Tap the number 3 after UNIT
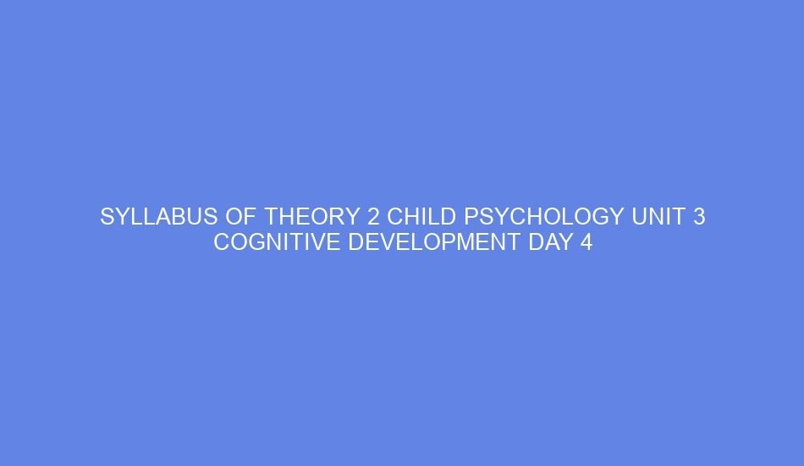(699, 218)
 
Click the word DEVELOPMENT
(426, 243)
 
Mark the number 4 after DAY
(585, 243)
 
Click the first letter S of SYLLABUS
(107, 218)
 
